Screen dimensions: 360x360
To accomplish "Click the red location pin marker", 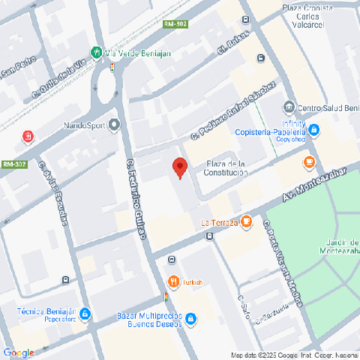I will point(179,167).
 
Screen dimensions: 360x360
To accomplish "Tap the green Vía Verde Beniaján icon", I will point(96,52).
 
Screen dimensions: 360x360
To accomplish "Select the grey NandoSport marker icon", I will point(114,124).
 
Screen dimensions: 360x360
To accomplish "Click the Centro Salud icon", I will point(289,106).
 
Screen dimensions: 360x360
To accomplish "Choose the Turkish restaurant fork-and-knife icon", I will point(172,282).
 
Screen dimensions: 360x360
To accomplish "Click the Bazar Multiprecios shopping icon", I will point(190,319).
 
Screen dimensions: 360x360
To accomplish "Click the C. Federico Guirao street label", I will point(136,199).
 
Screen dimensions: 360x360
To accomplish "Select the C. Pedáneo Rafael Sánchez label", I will point(233,112).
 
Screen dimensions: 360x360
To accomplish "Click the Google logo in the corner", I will point(19,352).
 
